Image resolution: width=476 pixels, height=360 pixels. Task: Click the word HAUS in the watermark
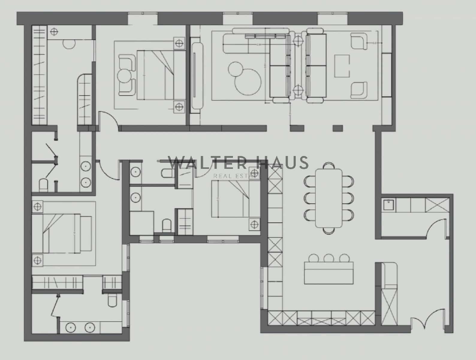coord(283,163)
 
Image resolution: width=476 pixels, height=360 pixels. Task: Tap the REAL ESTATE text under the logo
coord(237,176)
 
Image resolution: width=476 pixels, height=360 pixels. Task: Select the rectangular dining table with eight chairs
coord(329,198)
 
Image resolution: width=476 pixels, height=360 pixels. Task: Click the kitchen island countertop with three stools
coord(329,273)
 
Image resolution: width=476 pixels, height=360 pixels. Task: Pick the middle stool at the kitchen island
coord(329,258)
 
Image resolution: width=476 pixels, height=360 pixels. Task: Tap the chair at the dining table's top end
coord(329,166)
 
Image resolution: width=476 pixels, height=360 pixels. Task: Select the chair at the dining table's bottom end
coord(329,230)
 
